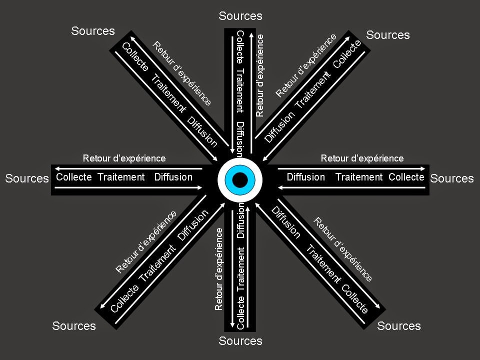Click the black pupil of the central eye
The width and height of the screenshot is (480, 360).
pos(240,179)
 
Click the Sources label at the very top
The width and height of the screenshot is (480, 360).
pos(240,16)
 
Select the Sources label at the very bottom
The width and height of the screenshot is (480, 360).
pos(240,340)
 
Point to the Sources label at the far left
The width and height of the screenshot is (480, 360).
pos(27,178)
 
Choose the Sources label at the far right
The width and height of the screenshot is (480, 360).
pos(452,178)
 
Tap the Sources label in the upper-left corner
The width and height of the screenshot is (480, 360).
pos(93,31)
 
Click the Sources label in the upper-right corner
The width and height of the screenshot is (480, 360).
pos(388,35)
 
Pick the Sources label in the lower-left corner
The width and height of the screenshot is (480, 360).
pos(74,325)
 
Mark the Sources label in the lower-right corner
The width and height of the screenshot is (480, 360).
pos(399,325)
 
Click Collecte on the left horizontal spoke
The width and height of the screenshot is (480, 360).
pos(74,177)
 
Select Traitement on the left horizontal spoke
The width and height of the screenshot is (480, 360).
pos(121,177)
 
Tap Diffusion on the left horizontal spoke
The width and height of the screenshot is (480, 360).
pos(173,177)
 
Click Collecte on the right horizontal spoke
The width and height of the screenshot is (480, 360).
pos(406,177)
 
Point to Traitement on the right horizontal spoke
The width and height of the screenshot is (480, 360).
pos(359,177)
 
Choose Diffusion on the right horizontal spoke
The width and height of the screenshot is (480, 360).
pos(306,177)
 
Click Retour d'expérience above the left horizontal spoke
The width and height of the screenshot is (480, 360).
pos(124,158)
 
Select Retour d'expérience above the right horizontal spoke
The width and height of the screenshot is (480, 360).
pos(362,158)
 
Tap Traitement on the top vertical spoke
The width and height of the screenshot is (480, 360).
pos(240,90)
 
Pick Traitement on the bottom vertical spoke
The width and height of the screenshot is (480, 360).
pos(240,269)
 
